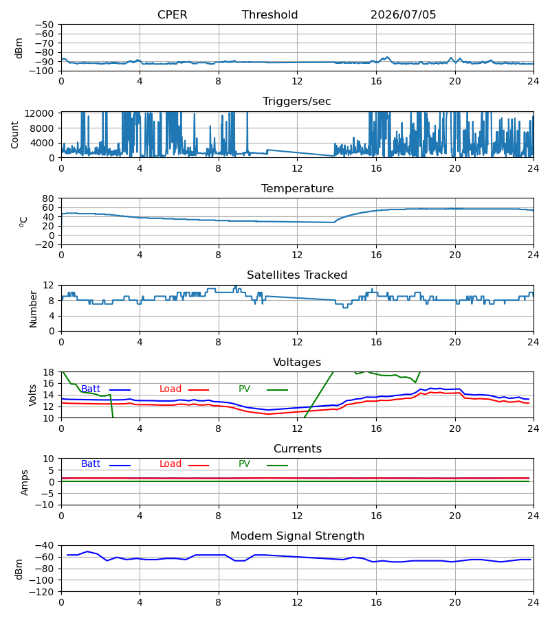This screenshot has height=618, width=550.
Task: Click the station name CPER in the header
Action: point(172,14)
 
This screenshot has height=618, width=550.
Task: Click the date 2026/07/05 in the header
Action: point(403,14)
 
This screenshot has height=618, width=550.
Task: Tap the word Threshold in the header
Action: point(269,14)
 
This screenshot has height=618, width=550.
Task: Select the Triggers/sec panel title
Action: point(297,102)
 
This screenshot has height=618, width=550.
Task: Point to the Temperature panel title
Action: point(297,188)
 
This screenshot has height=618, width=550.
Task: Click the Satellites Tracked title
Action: point(297,275)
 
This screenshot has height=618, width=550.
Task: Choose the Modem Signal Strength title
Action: point(297,536)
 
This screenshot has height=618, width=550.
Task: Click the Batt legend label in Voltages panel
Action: point(91,389)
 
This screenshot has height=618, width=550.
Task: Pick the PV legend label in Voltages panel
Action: point(244,389)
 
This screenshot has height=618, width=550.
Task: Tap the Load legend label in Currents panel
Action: point(170,464)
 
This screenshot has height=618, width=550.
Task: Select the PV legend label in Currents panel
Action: point(244,464)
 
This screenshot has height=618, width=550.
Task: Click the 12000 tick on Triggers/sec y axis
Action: point(39,113)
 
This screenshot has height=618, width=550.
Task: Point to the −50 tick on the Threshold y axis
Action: point(44,25)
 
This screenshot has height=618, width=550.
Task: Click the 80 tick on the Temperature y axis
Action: point(48,198)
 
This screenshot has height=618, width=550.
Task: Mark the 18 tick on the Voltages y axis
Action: point(49,372)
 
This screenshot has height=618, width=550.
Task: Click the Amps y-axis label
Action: point(25,483)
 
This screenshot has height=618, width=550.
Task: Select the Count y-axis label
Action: point(14,135)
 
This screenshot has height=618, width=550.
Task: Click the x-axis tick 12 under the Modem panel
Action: point(297,602)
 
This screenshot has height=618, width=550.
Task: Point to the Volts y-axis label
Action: point(32,396)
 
